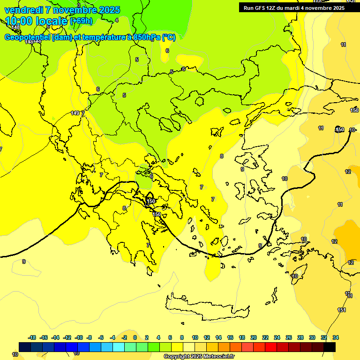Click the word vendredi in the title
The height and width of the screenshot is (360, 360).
point(23,10)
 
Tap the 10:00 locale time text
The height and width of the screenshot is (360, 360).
point(37,21)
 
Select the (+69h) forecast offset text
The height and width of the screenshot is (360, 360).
point(81,21)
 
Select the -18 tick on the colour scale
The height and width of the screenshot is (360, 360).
point(32,337)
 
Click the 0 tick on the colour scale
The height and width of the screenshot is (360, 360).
point(135,337)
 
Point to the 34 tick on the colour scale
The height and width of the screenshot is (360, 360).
point(335,337)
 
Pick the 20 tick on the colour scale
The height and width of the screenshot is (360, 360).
point(254,337)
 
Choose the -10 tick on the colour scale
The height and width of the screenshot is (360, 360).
point(78,337)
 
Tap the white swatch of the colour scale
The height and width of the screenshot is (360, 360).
point(189,347)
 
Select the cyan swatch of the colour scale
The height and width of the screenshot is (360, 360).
point(119,347)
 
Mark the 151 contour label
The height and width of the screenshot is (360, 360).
point(342,310)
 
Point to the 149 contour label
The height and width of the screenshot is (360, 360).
point(75,113)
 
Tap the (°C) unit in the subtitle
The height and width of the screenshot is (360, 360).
point(169,37)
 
